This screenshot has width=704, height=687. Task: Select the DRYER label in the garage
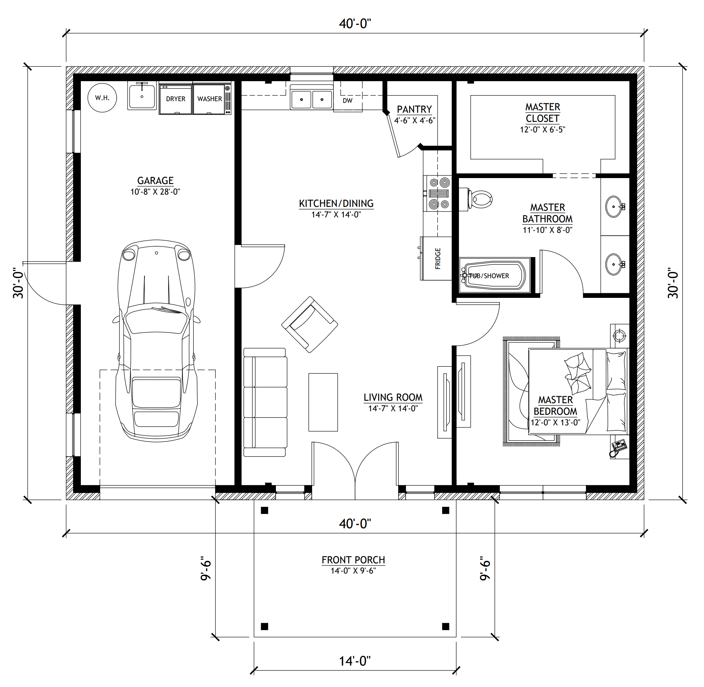(175, 99)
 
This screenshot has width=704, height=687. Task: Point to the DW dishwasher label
(347, 101)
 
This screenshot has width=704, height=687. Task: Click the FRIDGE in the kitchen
(436, 259)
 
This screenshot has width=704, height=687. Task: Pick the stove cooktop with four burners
(438, 194)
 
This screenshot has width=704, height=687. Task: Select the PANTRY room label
(414, 109)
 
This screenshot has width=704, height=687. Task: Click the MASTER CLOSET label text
(543, 113)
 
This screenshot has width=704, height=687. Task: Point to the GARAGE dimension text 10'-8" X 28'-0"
(155, 192)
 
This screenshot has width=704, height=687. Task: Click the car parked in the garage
(156, 341)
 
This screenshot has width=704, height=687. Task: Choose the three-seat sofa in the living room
(265, 402)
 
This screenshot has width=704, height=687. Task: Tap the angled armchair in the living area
(310, 325)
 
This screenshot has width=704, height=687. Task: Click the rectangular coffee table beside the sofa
(323, 402)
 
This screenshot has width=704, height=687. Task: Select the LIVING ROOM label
(393, 398)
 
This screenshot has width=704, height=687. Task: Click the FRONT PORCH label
(354, 560)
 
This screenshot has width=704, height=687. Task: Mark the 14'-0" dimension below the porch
(355, 661)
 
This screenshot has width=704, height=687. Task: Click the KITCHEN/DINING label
(336, 203)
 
